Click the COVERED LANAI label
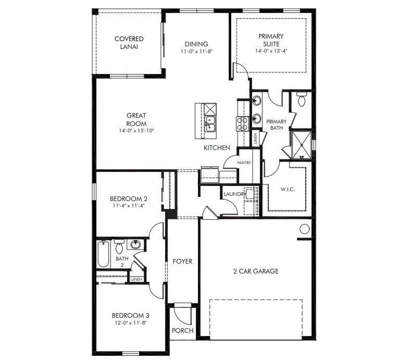click(129, 43)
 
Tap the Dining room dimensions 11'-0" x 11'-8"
click(196, 52)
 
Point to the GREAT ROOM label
click(136, 119)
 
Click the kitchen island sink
click(210, 124)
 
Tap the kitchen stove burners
click(243, 123)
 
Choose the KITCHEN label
click(217, 148)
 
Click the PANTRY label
click(244, 163)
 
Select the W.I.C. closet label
click(288, 189)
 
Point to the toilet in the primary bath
click(302, 99)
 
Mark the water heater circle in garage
click(305, 228)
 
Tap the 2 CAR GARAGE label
click(255, 271)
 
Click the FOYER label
click(182, 262)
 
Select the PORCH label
click(182, 330)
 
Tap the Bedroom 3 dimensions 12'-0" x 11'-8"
click(130, 323)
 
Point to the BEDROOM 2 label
click(129, 198)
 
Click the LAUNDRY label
click(234, 194)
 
